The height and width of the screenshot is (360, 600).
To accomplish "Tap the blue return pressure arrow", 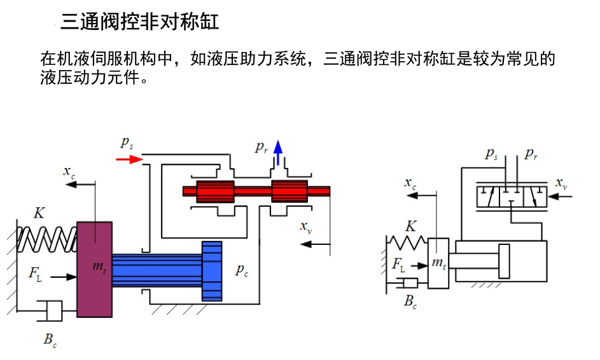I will click(277, 153).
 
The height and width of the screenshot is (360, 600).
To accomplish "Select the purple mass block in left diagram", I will click(94, 268).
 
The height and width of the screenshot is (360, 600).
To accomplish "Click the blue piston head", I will click(212, 271).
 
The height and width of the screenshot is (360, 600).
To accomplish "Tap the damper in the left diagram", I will click(50, 312).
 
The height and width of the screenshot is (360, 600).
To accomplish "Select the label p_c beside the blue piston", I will click(242, 270).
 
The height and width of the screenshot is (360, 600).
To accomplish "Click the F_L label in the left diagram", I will click(36, 274).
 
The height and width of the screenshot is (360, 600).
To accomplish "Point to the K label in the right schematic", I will click(411, 226).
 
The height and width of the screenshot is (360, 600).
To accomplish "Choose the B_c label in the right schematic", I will click(411, 301).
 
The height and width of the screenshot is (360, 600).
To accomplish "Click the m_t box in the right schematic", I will click(438, 263).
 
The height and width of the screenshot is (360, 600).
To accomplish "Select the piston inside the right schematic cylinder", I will click(504, 261).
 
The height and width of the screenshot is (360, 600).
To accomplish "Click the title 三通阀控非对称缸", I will click(140, 23).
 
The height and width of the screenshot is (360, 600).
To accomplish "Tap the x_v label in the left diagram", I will click(305, 227).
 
